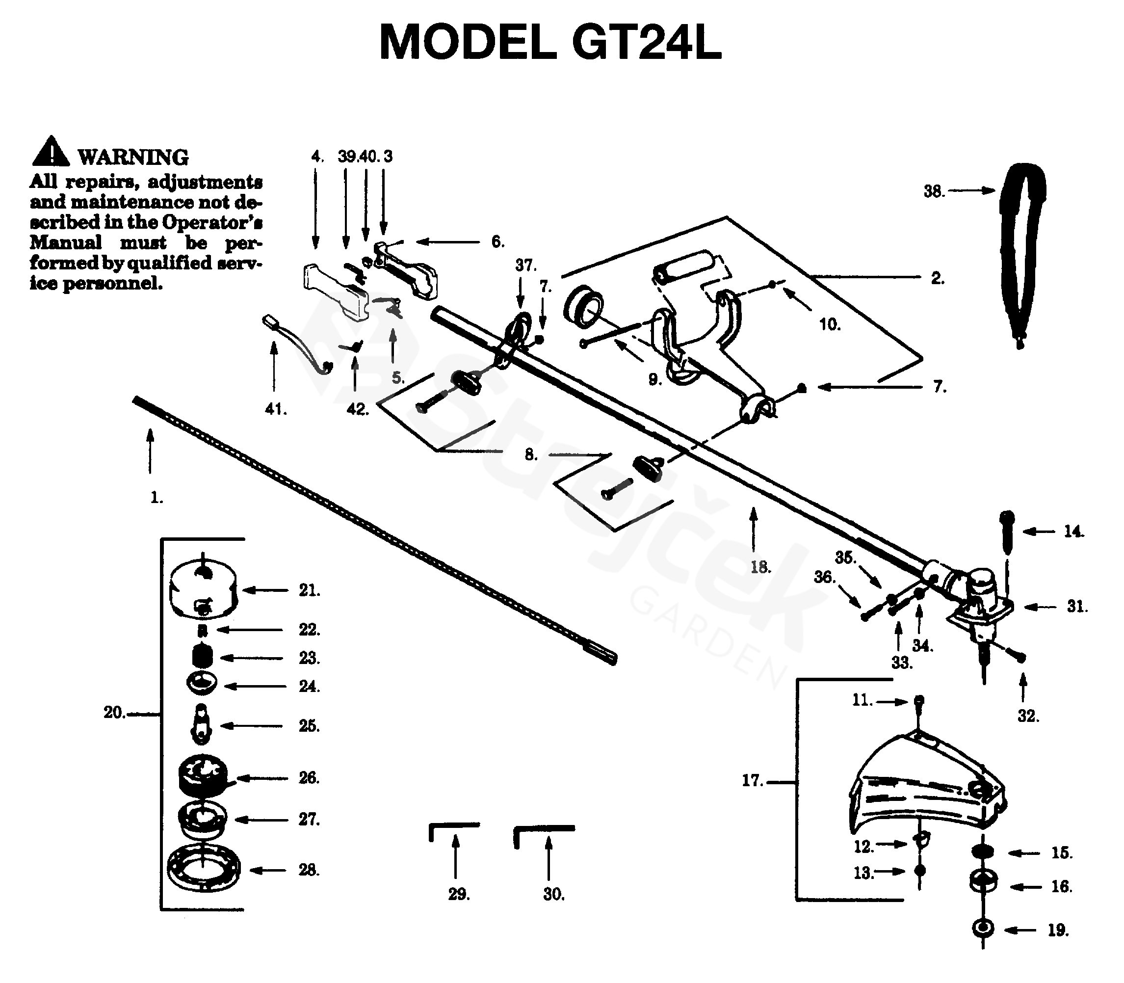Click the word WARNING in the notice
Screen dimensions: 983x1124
133,158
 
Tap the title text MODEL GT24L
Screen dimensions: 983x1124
550,43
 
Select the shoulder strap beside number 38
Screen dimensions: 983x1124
1022,247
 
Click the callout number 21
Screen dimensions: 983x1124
309,591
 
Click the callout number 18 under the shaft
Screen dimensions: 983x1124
760,567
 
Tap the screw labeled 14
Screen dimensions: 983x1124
1007,531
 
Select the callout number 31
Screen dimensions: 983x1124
1076,607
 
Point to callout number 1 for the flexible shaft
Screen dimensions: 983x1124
157,498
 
